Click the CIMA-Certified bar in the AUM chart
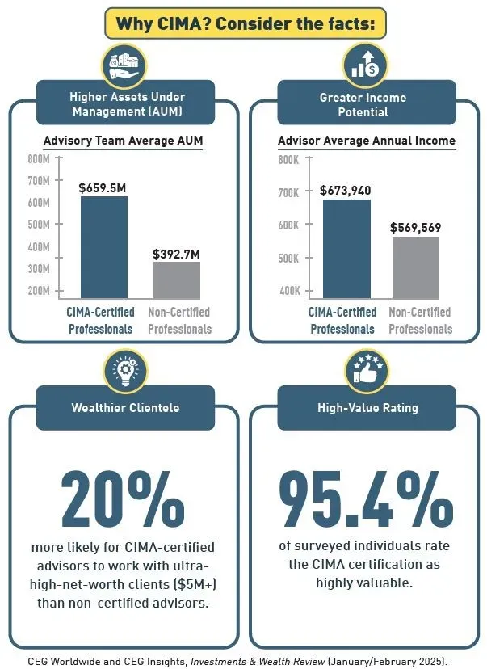click(x=104, y=247)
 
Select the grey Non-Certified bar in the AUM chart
click(x=177, y=280)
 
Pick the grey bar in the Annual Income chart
click(x=416, y=267)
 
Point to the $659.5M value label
click(x=103, y=187)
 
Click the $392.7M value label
click(x=176, y=254)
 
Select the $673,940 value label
click(x=346, y=191)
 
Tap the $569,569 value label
click(x=416, y=228)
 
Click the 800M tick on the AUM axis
click(x=38, y=158)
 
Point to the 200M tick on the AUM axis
click(x=38, y=290)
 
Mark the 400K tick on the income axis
click(x=288, y=291)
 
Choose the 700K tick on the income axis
click(x=288, y=193)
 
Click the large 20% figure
click(x=123, y=500)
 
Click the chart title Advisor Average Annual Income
click(x=367, y=141)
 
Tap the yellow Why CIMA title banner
click(x=246, y=23)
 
